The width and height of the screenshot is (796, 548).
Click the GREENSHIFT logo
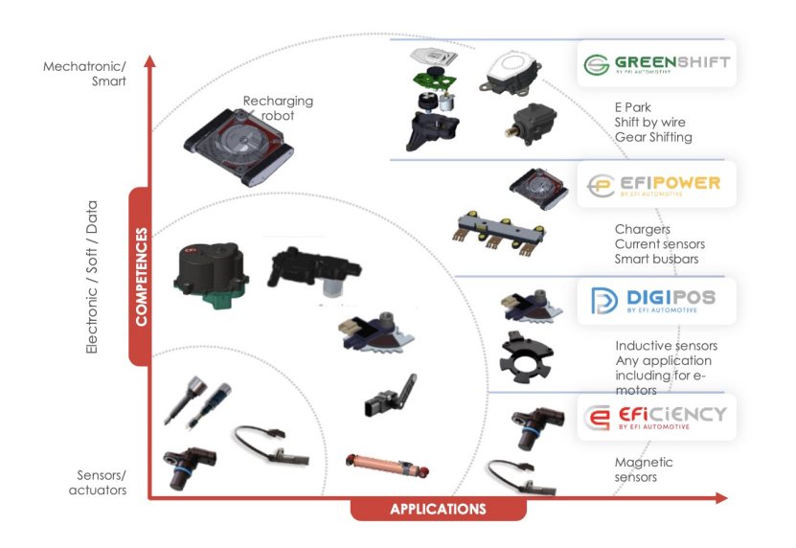point(656,64)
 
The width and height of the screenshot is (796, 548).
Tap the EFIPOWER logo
point(656,183)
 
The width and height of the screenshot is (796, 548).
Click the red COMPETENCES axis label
point(142,277)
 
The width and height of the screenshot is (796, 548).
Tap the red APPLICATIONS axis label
point(438,509)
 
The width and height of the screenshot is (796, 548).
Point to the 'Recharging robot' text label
point(278,108)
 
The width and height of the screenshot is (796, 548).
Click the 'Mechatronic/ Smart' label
point(85,74)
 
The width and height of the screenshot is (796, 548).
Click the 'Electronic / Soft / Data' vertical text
point(92,277)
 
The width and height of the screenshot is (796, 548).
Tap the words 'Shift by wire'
point(649,123)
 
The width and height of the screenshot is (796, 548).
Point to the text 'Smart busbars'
point(656,259)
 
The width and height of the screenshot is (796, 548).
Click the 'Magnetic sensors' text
point(644,469)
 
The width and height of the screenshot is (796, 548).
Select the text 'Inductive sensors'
point(666,346)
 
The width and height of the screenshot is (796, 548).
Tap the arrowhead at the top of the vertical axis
point(149,61)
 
